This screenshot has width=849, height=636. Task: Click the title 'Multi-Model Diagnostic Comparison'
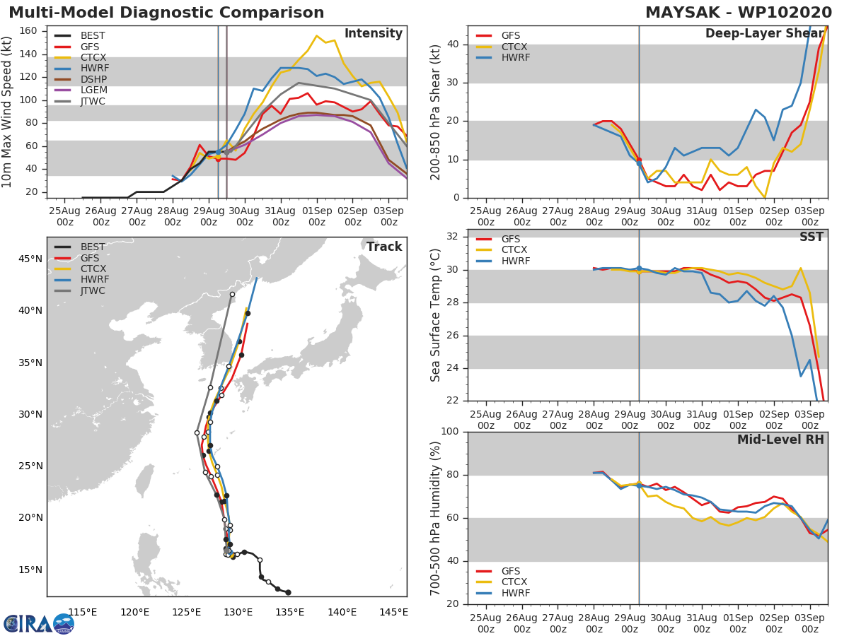[166, 13]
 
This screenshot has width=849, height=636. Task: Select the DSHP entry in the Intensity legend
[92, 79]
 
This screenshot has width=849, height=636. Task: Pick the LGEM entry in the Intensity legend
[92, 90]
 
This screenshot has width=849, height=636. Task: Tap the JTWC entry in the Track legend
[92, 290]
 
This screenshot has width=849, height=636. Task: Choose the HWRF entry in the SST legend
[515, 261]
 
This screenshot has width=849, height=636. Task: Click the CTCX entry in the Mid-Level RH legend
[515, 582]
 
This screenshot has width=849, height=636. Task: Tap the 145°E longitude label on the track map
[393, 612]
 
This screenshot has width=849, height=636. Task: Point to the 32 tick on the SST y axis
[454, 237]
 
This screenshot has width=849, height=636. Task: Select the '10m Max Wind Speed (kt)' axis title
[8, 112]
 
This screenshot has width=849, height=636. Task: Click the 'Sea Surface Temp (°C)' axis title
[436, 314]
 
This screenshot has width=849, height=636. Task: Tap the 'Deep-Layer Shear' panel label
[764, 34]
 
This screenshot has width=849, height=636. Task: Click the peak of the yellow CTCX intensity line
[316, 36]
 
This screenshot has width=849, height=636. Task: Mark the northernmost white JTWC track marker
[232, 294]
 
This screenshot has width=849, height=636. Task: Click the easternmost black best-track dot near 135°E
[288, 592]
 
